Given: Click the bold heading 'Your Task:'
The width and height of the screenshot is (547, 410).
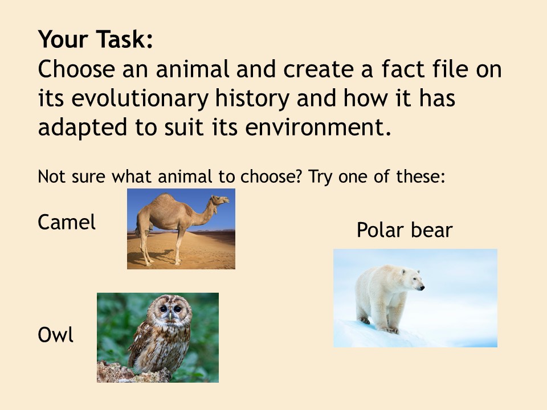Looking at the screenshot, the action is pyautogui.click(x=96, y=39).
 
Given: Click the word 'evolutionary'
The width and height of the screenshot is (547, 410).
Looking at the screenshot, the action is pyautogui.click(x=140, y=99).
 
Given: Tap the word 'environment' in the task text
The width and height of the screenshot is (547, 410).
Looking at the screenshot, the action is pyautogui.click(x=318, y=127).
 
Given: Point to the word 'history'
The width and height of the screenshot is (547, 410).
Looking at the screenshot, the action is pyautogui.click(x=252, y=99).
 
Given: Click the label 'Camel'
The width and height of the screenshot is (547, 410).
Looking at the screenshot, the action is pyautogui.click(x=67, y=222).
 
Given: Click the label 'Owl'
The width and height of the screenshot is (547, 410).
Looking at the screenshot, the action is pyautogui.click(x=55, y=335).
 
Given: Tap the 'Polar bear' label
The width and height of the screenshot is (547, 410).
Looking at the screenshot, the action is pyautogui.click(x=405, y=230).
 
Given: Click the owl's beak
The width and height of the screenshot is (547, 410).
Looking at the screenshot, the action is pyautogui.click(x=170, y=316).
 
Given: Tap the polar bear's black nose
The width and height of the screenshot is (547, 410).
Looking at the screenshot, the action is pyautogui.click(x=422, y=288).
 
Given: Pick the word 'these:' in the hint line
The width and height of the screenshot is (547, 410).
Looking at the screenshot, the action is pyautogui.click(x=421, y=177).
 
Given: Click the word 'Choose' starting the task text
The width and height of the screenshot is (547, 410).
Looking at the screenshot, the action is pyautogui.click(x=76, y=69).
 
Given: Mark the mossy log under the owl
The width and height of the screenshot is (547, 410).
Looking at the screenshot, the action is pyautogui.click(x=133, y=373).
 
